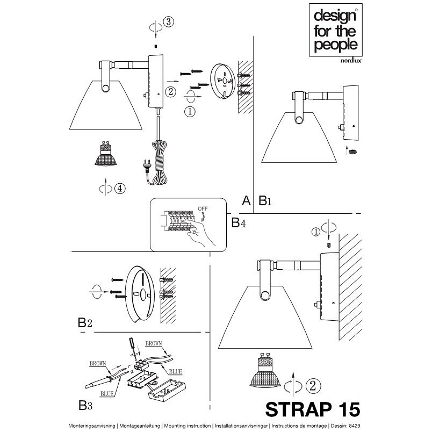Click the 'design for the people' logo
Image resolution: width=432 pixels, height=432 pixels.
(335, 30)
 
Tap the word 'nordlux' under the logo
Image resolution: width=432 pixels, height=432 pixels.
(351, 61)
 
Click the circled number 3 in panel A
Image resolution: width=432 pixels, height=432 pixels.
(169, 21)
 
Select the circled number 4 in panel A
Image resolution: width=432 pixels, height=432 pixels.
(120, 189)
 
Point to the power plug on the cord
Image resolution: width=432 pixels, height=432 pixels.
(147, 164)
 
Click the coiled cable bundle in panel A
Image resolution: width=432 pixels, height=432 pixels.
(158, 163)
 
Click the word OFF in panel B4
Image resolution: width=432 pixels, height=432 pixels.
(203, 209)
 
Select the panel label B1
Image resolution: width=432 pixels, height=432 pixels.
(265, 200)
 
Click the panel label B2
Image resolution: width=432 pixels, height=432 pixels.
(85, 322)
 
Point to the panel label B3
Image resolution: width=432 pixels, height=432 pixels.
(85, 406)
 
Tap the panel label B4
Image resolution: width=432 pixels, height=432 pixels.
(239, 222)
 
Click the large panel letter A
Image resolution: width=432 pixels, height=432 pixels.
(246, 200)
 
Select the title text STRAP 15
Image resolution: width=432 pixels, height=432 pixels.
(313, 409)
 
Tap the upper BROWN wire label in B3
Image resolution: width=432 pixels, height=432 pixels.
(154, 343)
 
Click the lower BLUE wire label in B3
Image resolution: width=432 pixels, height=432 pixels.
(107, 394)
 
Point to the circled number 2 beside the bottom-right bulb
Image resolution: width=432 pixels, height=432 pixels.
(313, 386)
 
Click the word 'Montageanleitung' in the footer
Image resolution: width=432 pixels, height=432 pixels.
(140, 426)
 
